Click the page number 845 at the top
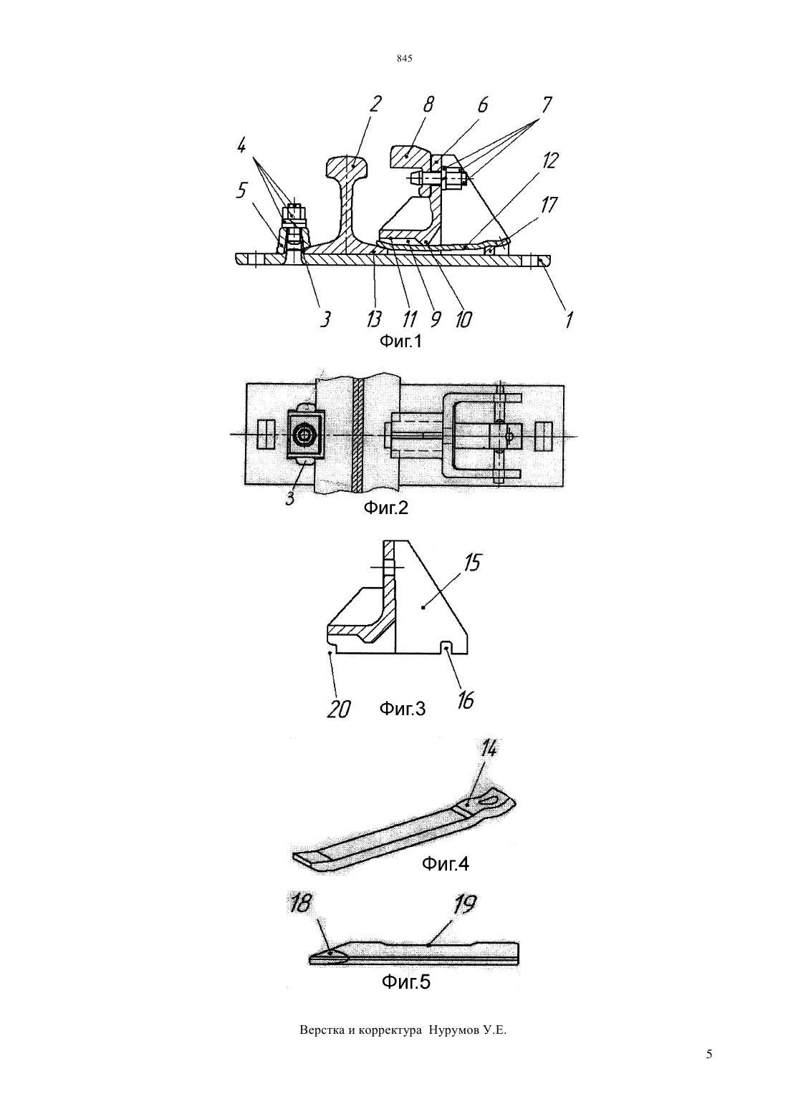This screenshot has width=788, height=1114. [x=405, y=59]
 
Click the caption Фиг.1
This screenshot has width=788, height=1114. [x=400, y=342]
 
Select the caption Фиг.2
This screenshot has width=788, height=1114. [x=386, y=508]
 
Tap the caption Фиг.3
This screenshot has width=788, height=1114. [x=403, y=709]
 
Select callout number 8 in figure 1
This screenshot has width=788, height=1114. [x=428, y=105]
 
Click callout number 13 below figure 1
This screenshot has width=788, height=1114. [x=374, y=319]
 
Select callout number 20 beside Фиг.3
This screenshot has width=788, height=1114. [x=338, y=709]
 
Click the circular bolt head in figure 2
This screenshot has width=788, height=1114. [x=304, y=435]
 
